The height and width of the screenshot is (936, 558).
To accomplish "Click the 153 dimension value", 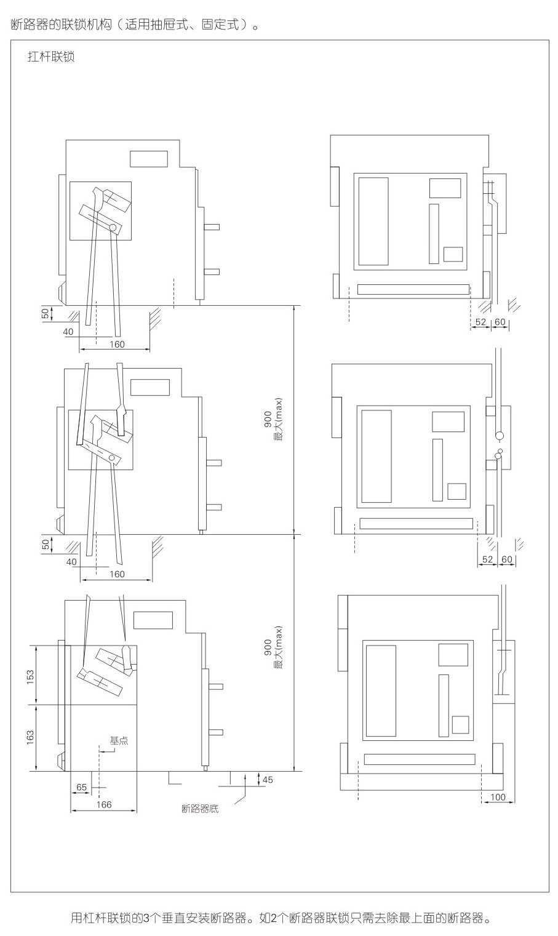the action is click(x=30, y=678).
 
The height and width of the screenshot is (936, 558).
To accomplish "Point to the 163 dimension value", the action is click(x=30, y=737).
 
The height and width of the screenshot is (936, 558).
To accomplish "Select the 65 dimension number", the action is click(x=81, y=787).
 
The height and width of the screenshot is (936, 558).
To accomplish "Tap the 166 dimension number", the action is click(x=104, y=804).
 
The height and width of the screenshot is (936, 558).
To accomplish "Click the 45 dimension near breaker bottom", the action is click(x=268, y=780).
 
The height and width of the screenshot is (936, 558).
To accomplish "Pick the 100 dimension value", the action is click(x=498, y=797).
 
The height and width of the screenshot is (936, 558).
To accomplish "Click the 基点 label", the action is click(x=119, y=741).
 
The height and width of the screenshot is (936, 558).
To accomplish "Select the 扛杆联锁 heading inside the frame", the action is click(x=51, y=57).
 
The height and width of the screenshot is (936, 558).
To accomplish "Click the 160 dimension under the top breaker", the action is click(x=118, y=344).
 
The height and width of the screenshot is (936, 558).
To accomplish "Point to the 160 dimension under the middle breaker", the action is click(x=117, y=574).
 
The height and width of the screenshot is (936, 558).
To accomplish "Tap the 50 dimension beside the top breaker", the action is click(x=45, y=313).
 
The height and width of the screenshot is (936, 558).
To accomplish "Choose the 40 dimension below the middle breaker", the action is click(x=71, y=562).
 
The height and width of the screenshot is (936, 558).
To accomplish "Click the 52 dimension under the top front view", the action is click(x=480, y=322).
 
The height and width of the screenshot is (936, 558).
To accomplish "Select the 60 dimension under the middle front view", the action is click(x=506, y=559).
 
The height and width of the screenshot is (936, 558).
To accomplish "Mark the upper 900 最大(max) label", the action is click(x=273, y=419).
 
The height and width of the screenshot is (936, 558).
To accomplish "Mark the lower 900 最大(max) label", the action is click(x=273, y=647).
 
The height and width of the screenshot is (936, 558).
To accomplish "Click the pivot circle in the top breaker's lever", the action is click(x=113, y=227).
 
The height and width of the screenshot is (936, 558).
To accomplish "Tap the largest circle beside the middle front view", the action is click(x=499, y=436).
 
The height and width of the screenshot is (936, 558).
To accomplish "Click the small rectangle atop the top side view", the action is click(x=149, y=159).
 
